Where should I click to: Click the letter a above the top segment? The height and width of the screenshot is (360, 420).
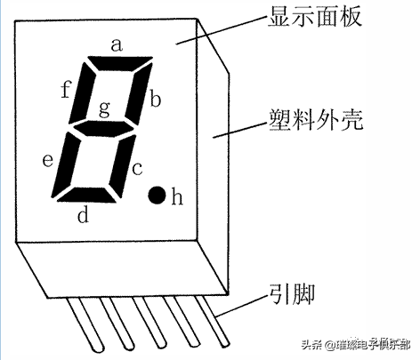[x=117, y=45]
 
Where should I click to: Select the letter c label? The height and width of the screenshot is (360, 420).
[x=137, y=169]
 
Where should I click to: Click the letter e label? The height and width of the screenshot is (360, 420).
[x=48, y=160]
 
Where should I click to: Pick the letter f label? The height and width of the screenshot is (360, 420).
[x=66, y=89]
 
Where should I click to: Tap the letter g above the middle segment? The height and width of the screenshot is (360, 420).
[x=104, y=108]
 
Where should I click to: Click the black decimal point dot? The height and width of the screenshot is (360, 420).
[x=157, y=196]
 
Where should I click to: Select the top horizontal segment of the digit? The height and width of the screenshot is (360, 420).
[x=119, y=63]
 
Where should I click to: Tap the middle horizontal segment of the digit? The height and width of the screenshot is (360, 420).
[x=103, y=128]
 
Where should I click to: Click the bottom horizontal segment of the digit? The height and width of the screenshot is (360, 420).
[x=87, y=196]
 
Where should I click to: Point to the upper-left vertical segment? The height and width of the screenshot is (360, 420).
[x=82, y=93]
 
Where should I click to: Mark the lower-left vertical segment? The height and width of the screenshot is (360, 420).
[x=66, y=164]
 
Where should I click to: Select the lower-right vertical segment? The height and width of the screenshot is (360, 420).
[x=123, y=166]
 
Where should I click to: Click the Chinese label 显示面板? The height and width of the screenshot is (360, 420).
[x=315, y=16]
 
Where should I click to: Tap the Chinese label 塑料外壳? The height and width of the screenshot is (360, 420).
[x=316, y=120]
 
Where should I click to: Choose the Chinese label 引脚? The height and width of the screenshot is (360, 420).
[x=292, y=294]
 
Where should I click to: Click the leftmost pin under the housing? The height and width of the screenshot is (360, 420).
[x=85, y=324]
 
